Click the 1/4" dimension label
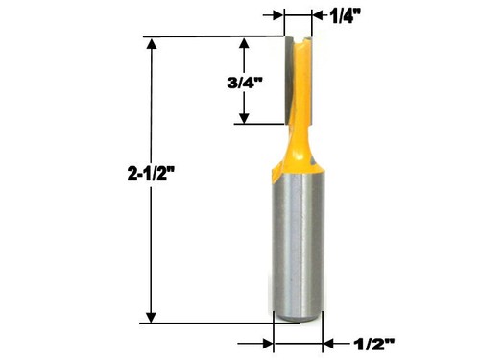pyautogui.click(x=348, y=15)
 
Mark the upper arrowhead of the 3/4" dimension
pyautogui.click(x=245, y=44)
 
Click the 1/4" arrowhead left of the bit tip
pyautogui.click(x=279, y=15)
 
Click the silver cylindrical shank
pyautogui.click(x=298, y=250)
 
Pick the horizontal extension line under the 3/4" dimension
pyautogui.click(x=257, y=125)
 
